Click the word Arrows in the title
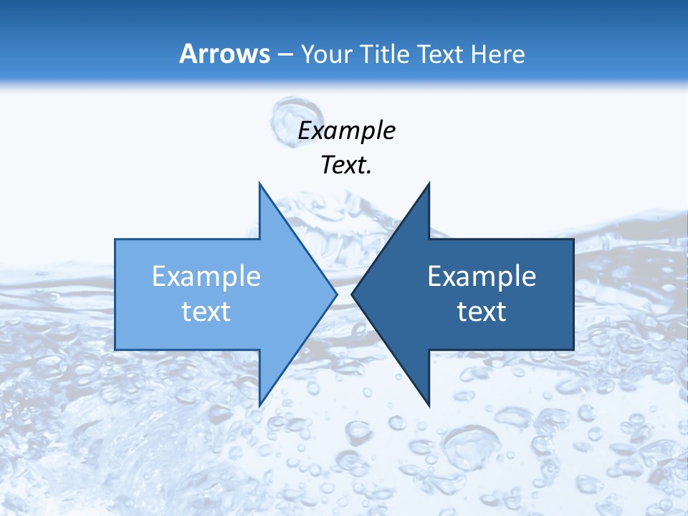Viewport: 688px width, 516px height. tap(224, 54)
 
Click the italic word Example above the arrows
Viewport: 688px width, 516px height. tap(346, 131)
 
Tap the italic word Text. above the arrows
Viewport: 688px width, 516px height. tap(346, 165)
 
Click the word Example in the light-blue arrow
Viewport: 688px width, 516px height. tap(206, 277)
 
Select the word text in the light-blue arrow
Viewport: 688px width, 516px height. tap(206, 311)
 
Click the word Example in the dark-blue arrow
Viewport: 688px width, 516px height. tap(482, 277)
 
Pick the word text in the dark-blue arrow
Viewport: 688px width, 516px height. tap(482, 311)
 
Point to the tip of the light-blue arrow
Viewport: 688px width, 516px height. tap(336, 294)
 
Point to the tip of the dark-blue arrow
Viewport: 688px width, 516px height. tap(352, 294)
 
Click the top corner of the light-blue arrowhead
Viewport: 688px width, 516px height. tap(259, 183)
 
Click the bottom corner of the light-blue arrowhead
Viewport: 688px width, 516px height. tap(259, 405)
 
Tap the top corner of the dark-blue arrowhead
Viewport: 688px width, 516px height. tap(429, 183)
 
